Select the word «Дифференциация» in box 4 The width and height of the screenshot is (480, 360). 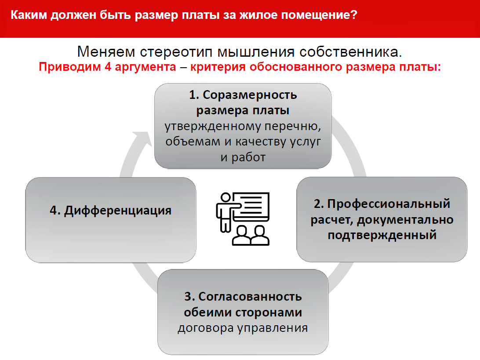point(117,211)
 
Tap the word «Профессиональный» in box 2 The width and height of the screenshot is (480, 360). point(389,204)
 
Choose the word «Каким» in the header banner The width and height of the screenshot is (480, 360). point(28,15)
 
